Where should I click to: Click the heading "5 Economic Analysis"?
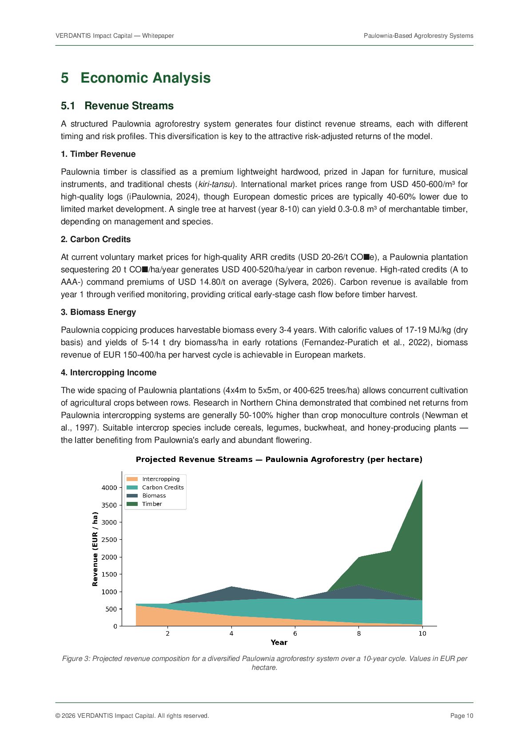click(135, 78)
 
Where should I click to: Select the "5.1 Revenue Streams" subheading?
click(117, 106)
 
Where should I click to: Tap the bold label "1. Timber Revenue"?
click(98, 154)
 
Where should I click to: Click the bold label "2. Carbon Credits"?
click(95, 239)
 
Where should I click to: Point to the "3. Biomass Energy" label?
click(98, 312)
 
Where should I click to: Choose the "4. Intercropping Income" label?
click(108, 373)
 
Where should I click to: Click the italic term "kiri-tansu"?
click(215, 184)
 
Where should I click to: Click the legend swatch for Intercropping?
click(132, 479)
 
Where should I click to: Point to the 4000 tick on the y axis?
click(109, 488)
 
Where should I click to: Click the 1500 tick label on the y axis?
click(109, 574)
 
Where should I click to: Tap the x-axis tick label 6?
click(295, 633)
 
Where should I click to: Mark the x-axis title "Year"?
click(279, 642)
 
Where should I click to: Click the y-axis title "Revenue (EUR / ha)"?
click(95, 549)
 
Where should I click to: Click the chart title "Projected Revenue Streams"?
click(279, 459)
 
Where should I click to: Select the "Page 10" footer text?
click(461, 716)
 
